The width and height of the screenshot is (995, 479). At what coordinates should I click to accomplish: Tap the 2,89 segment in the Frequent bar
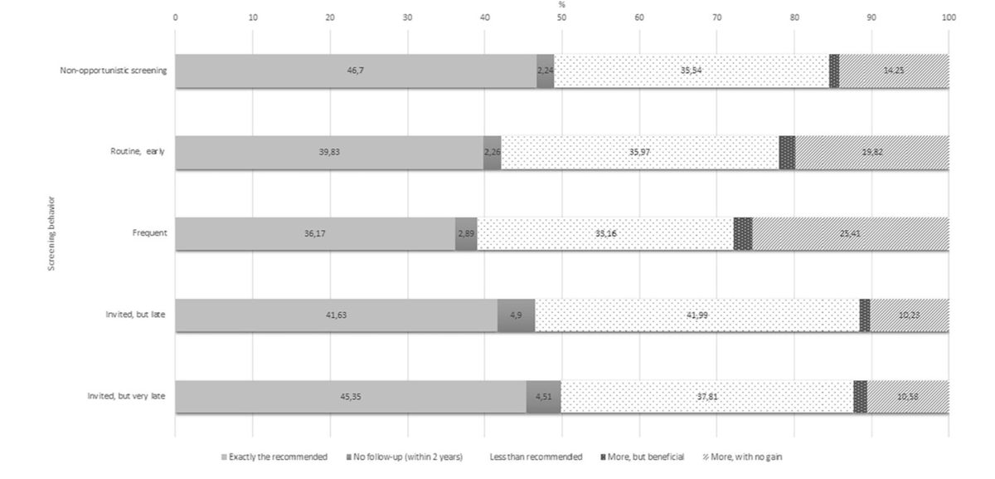coord(466,234)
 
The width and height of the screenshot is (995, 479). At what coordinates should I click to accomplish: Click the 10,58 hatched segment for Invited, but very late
coord(908,397)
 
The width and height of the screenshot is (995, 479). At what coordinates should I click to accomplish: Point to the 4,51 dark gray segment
coord(543,397)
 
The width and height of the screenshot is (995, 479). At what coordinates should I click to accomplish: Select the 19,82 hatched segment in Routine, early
coord(872,153)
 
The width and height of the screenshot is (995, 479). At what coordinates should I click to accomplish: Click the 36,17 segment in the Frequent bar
coord(315,234)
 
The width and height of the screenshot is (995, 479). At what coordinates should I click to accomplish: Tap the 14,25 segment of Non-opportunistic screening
coord(894,71)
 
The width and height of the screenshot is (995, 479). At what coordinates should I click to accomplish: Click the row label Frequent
coord(151,233)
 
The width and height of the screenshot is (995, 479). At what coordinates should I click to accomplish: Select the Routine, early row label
coord(138,152)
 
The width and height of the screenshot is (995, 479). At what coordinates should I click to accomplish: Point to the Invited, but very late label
coord(126,396)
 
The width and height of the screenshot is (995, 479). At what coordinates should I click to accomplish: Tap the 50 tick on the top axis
coord(562,16)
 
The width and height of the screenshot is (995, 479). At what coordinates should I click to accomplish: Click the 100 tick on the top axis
coord(949,16)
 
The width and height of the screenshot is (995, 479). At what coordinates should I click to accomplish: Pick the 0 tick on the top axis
coord(175,16)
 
